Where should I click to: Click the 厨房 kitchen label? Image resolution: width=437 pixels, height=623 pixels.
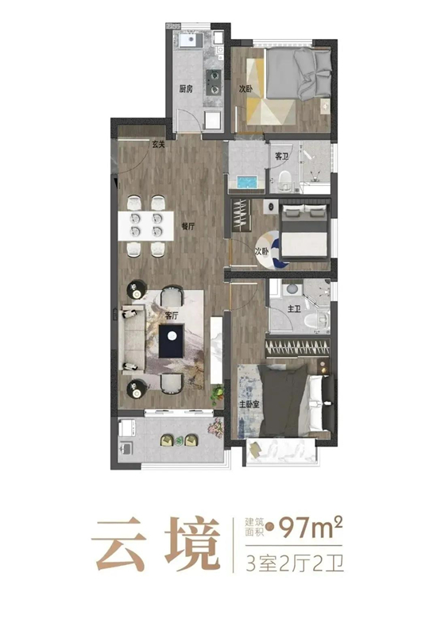(186, 89)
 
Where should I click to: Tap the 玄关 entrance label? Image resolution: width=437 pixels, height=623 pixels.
(158, 145)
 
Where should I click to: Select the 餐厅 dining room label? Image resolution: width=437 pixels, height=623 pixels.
(188, 226)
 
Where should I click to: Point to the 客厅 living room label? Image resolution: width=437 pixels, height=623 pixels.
(172, 316)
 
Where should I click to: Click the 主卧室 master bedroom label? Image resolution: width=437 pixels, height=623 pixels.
(249, 404)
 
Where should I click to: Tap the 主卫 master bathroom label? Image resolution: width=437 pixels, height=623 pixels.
(294, 308)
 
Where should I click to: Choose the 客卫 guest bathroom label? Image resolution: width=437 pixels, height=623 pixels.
(281, 156)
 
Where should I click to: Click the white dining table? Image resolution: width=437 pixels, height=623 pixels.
(146, 226)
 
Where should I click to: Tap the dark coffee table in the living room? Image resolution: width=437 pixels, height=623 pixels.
(172, 341)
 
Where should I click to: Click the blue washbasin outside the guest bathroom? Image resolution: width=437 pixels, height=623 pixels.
(247, 183)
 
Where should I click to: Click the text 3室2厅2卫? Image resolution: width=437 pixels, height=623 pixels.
(294, 564)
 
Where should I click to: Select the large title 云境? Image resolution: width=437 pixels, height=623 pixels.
(156, 544)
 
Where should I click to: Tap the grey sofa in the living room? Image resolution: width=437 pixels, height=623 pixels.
(133, 340)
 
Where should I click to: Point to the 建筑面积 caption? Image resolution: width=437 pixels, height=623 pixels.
(254, 528)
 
